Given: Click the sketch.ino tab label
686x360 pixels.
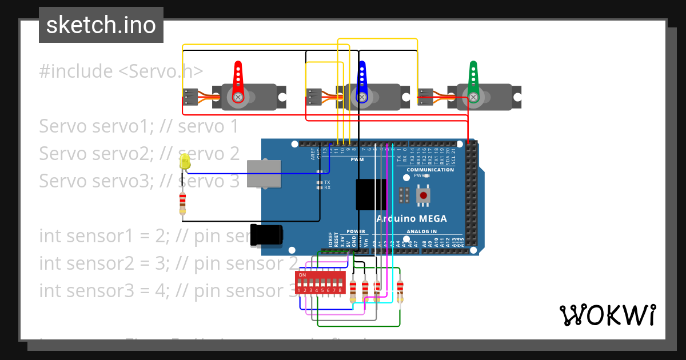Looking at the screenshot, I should [101, 25].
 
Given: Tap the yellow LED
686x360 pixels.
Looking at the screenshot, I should [185, 161].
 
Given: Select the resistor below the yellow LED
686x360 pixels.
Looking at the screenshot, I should [182, 203].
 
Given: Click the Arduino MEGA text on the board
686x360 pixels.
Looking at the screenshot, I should [411, 219].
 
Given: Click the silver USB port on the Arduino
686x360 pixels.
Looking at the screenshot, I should [264, 173].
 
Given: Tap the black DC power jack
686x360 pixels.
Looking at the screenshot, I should [267, 235].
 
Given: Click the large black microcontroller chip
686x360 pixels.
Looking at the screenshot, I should [371, 195].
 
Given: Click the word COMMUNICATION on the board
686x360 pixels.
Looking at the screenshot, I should [430, 170].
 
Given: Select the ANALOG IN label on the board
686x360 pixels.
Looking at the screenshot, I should [421, 231].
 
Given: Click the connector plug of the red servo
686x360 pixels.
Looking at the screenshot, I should [190, 97].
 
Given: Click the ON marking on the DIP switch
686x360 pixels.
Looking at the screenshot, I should [302, 275].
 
